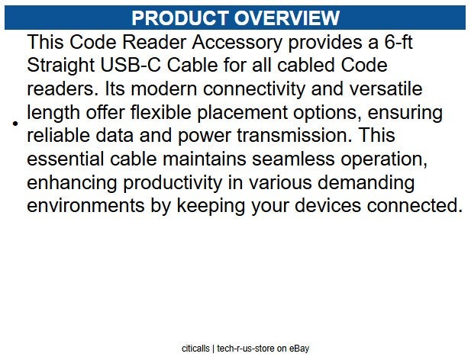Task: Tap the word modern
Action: pos(156,90)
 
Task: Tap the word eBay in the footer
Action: pos(298,349)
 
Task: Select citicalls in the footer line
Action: pos(195,349)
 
